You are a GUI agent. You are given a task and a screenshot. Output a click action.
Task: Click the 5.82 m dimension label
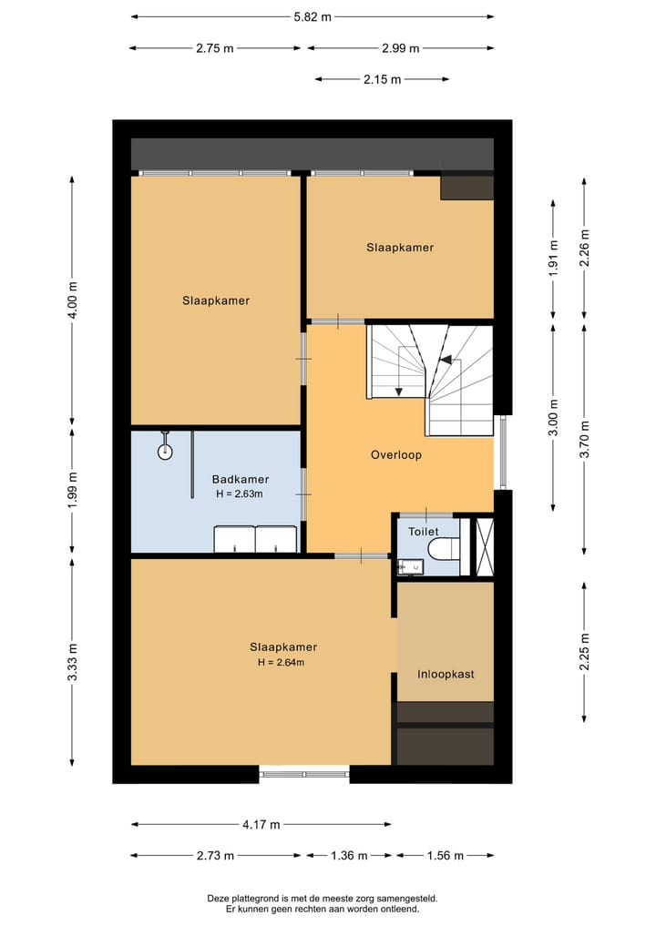313,16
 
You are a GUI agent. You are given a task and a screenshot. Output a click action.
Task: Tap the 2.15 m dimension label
382,79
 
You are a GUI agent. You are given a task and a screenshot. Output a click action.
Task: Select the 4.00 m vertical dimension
73,300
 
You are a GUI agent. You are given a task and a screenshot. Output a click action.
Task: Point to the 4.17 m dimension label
261,825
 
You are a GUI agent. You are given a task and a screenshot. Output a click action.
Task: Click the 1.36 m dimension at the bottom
349,856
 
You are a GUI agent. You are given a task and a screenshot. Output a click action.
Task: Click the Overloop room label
395,454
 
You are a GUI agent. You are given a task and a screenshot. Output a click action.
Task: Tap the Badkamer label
240,479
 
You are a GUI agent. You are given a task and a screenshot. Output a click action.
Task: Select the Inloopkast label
445,675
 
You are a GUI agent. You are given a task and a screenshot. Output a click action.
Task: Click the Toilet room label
423,532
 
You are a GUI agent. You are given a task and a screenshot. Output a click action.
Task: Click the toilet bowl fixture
444,549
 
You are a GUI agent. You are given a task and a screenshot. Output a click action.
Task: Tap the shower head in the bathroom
165,451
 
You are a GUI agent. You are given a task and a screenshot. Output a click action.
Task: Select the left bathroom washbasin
233,539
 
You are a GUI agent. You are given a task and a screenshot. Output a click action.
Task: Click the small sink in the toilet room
409,566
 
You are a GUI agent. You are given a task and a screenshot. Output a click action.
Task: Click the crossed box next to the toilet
485,546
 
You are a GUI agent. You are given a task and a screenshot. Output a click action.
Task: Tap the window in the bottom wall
304,774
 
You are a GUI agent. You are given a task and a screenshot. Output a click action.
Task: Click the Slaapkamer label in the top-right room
400,248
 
